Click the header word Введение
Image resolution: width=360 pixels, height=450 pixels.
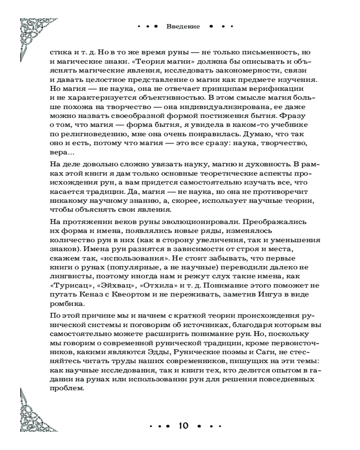[183, 26]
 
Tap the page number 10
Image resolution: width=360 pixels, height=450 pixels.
[185, 425]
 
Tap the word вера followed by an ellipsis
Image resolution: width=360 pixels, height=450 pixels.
[60, 153]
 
